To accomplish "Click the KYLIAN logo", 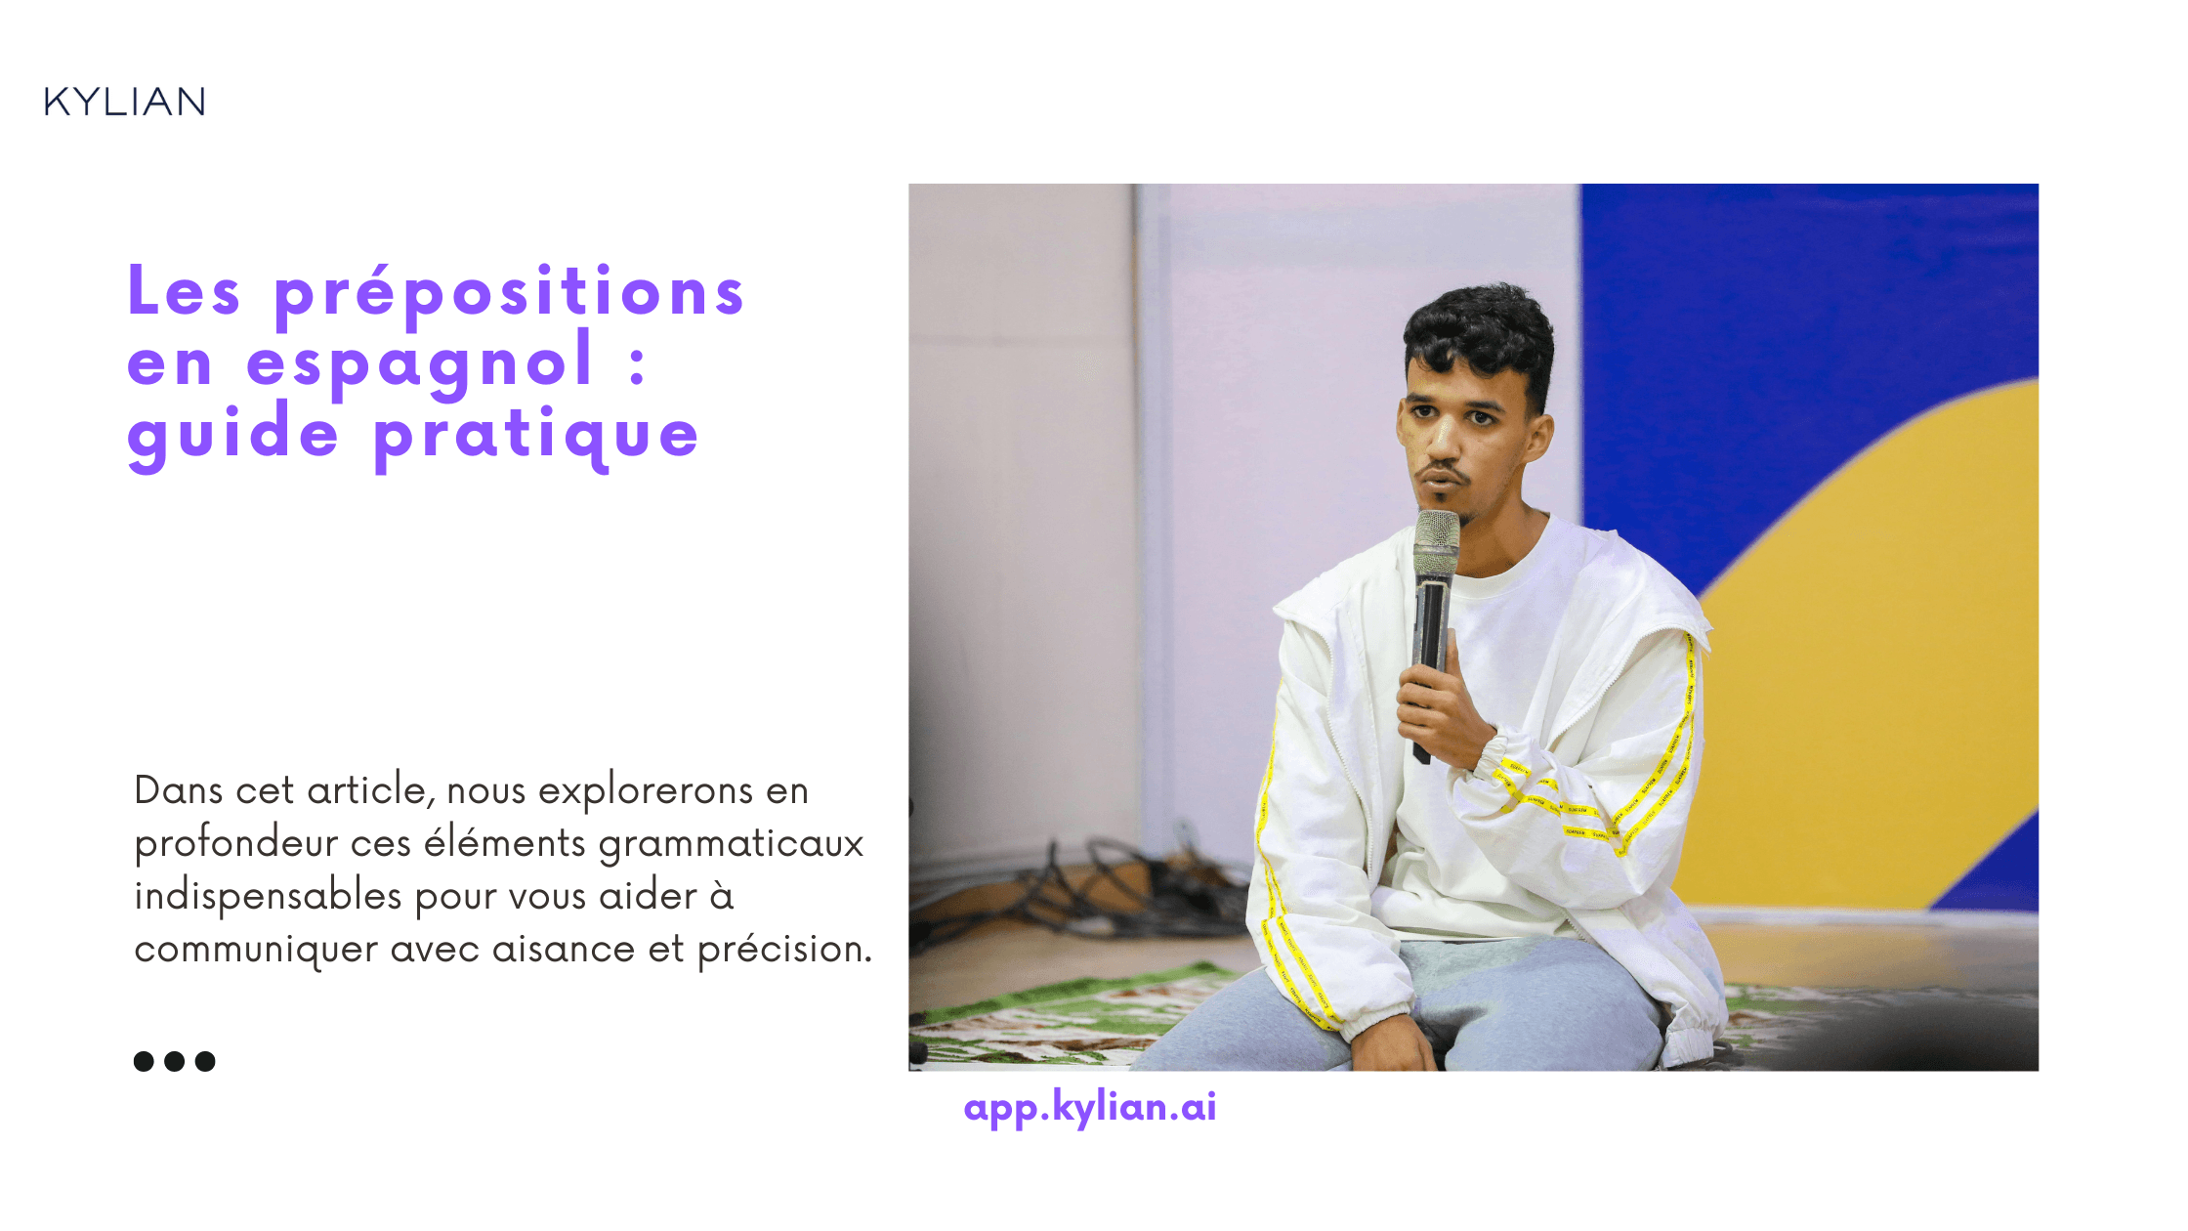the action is pos(125,102).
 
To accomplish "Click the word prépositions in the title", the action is pos(509,294).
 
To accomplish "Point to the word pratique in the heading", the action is pos(536,438).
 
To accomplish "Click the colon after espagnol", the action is pos(638,364).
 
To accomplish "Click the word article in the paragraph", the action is pos(370,790).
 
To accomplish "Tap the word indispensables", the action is pos(269,897).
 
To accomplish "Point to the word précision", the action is pos(784,950).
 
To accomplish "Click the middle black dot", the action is pos(175,1061).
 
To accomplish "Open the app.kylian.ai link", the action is pos(1090,1108).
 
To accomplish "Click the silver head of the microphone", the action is pos(1436,543).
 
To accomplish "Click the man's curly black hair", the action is pos(1480,332).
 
